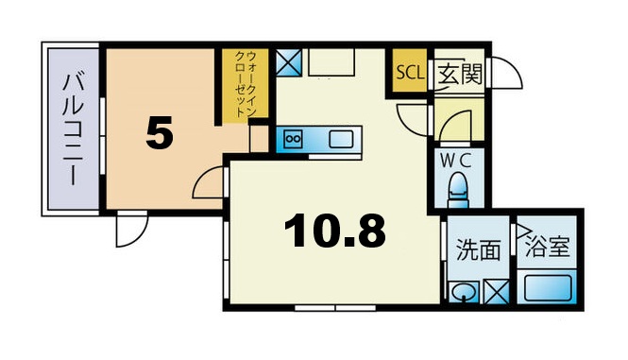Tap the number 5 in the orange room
pos(160,134)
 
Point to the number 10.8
pos(335,230)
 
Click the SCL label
pos(409,73)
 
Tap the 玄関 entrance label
pos(460,74)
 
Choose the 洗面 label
pos(477,250)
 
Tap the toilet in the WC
pos(461,187)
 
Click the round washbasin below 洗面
pos(463,292)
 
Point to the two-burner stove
pos(293,140)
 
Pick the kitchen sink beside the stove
pos(342,140)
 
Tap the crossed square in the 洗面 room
pos(495,291)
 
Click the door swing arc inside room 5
pos(207,185)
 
